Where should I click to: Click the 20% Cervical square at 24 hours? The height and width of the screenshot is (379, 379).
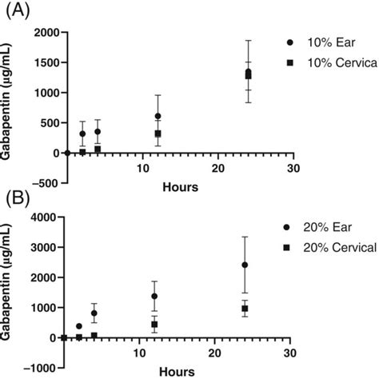pyautogui.click(x=245, y=308)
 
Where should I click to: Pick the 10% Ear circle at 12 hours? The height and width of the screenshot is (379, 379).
pyautogui.click(x=158, y=116)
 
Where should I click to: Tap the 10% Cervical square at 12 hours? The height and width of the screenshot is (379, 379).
pyautogui.click(x=158, y=134)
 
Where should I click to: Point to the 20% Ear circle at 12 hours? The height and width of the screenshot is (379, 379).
pyautogui.click(x=154, y=296)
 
